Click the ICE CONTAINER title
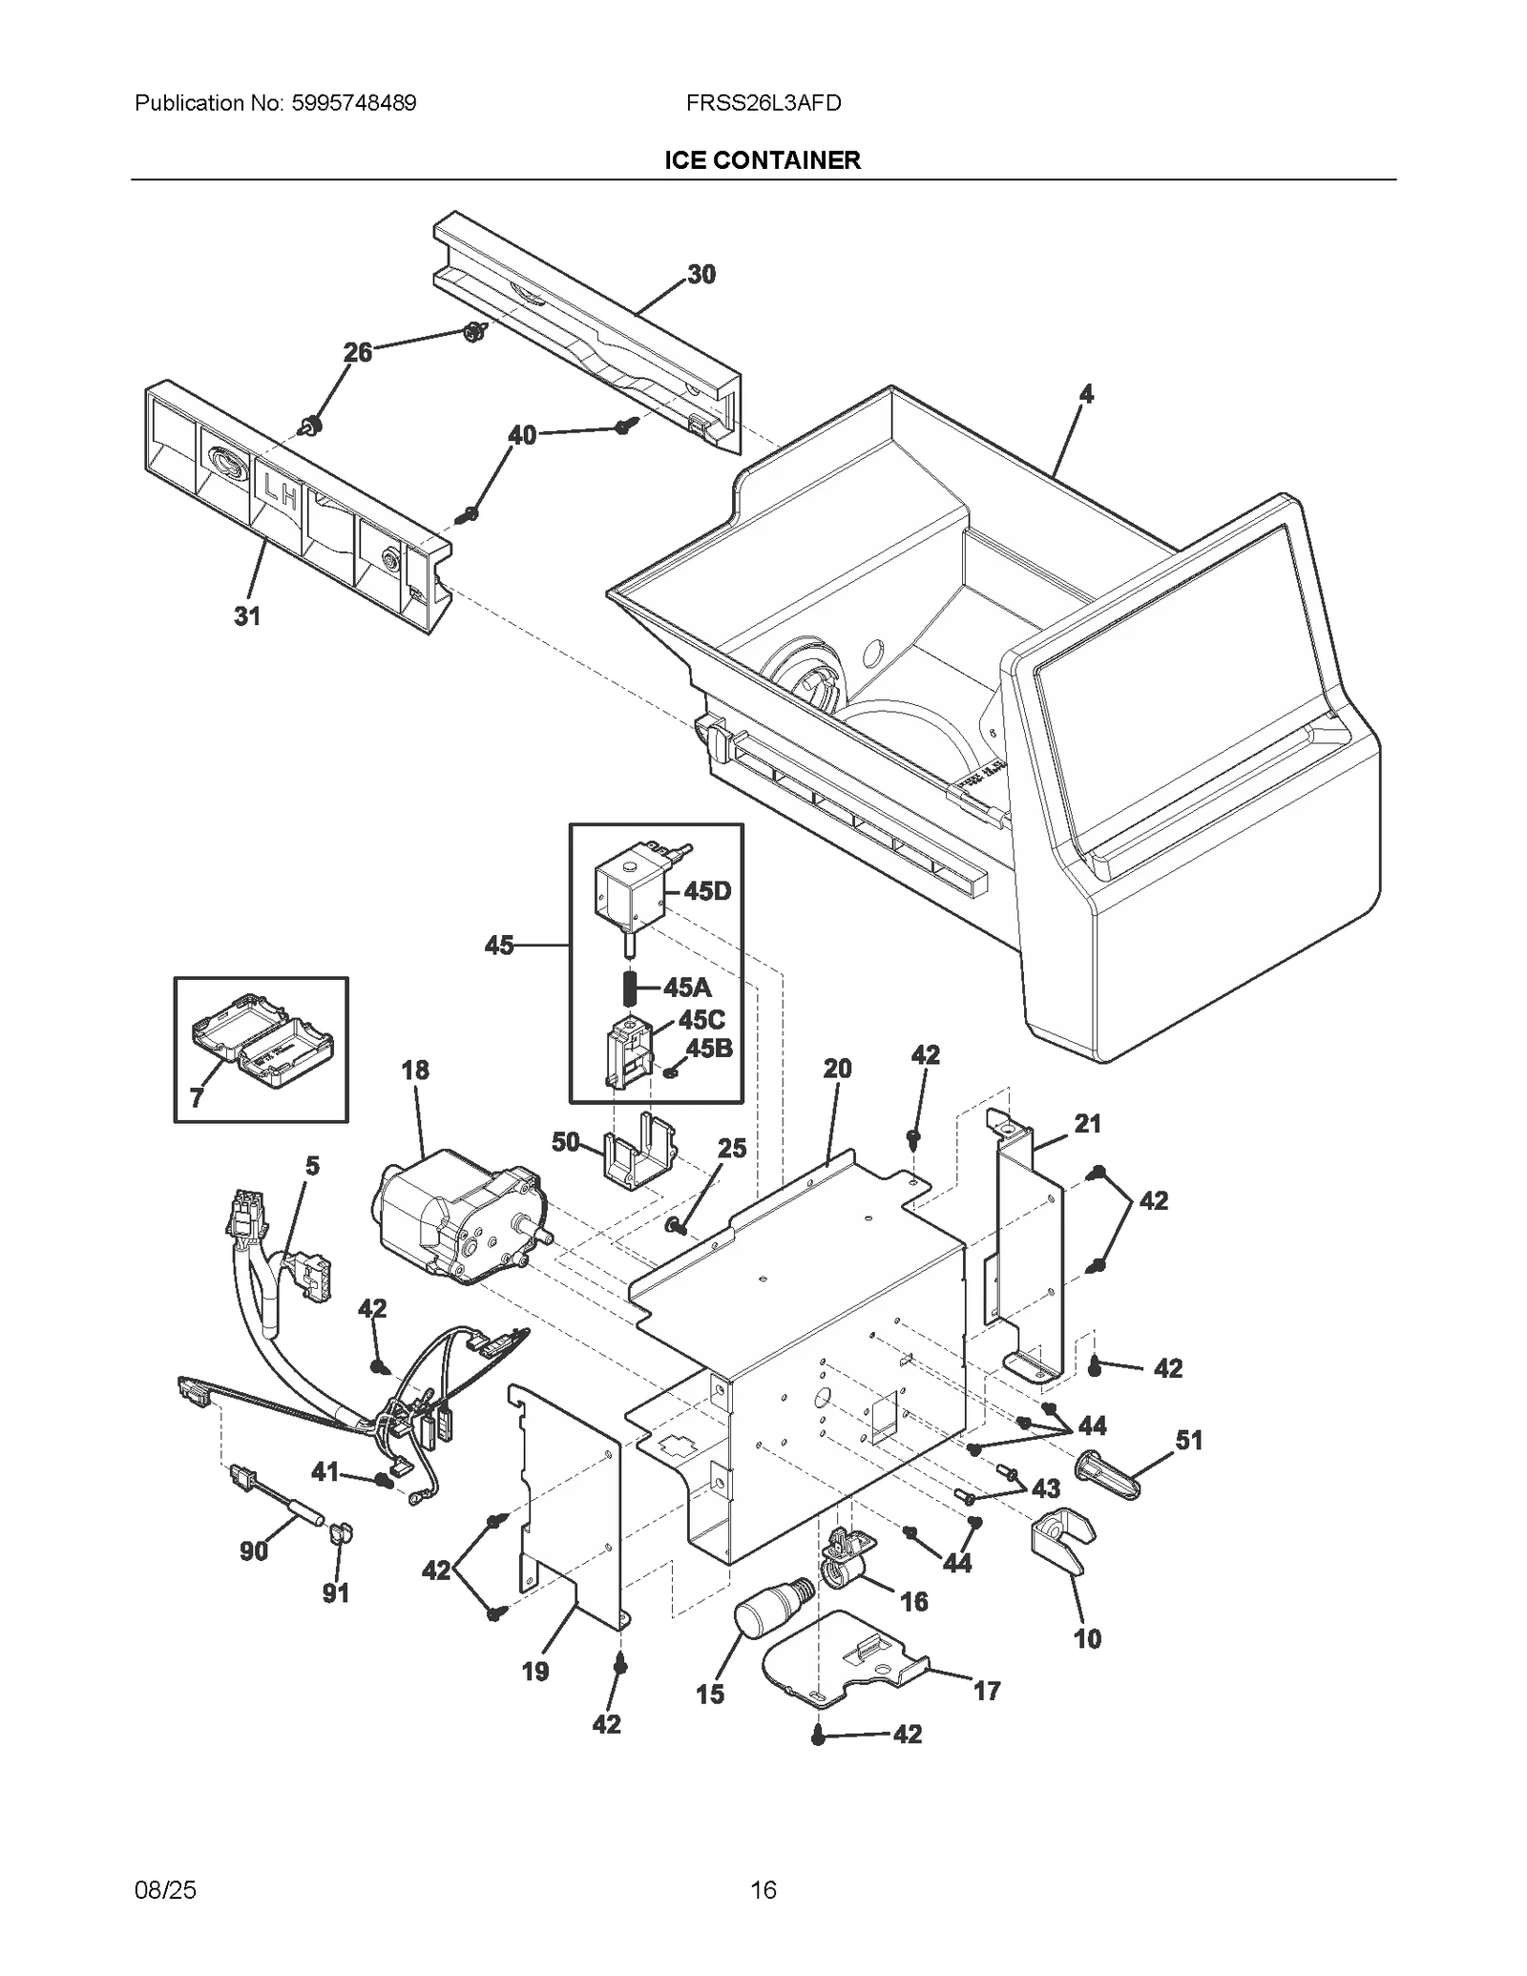[x=763, y=160]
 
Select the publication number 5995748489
[x=354, y=103]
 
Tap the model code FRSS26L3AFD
[x=763, y=103]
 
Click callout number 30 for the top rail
[x=701, y=275]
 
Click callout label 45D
[x=707, y=891]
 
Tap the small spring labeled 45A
[x=630, y=987]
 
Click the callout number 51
[x=1189, y=1440]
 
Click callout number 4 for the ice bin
[x=1086, y=394]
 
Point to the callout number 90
[x=254, y=1550]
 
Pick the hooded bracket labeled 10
[x=1061, y=1542]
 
